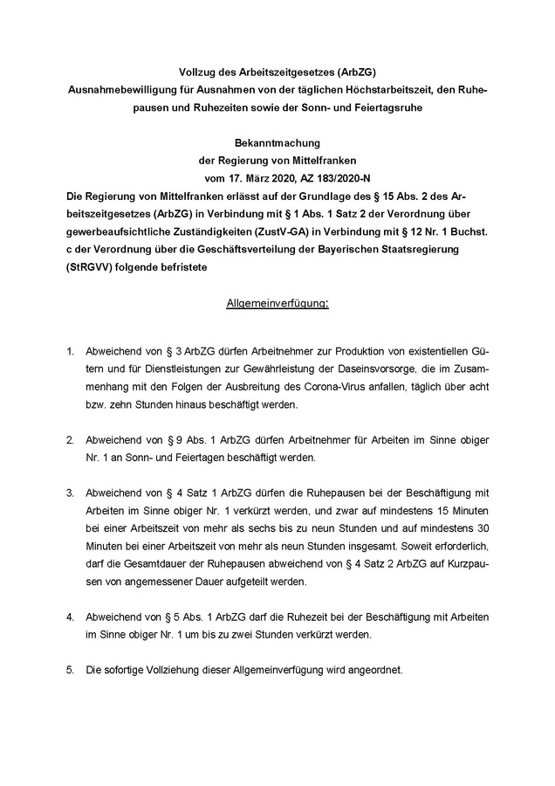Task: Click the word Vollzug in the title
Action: pos(198,72)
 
